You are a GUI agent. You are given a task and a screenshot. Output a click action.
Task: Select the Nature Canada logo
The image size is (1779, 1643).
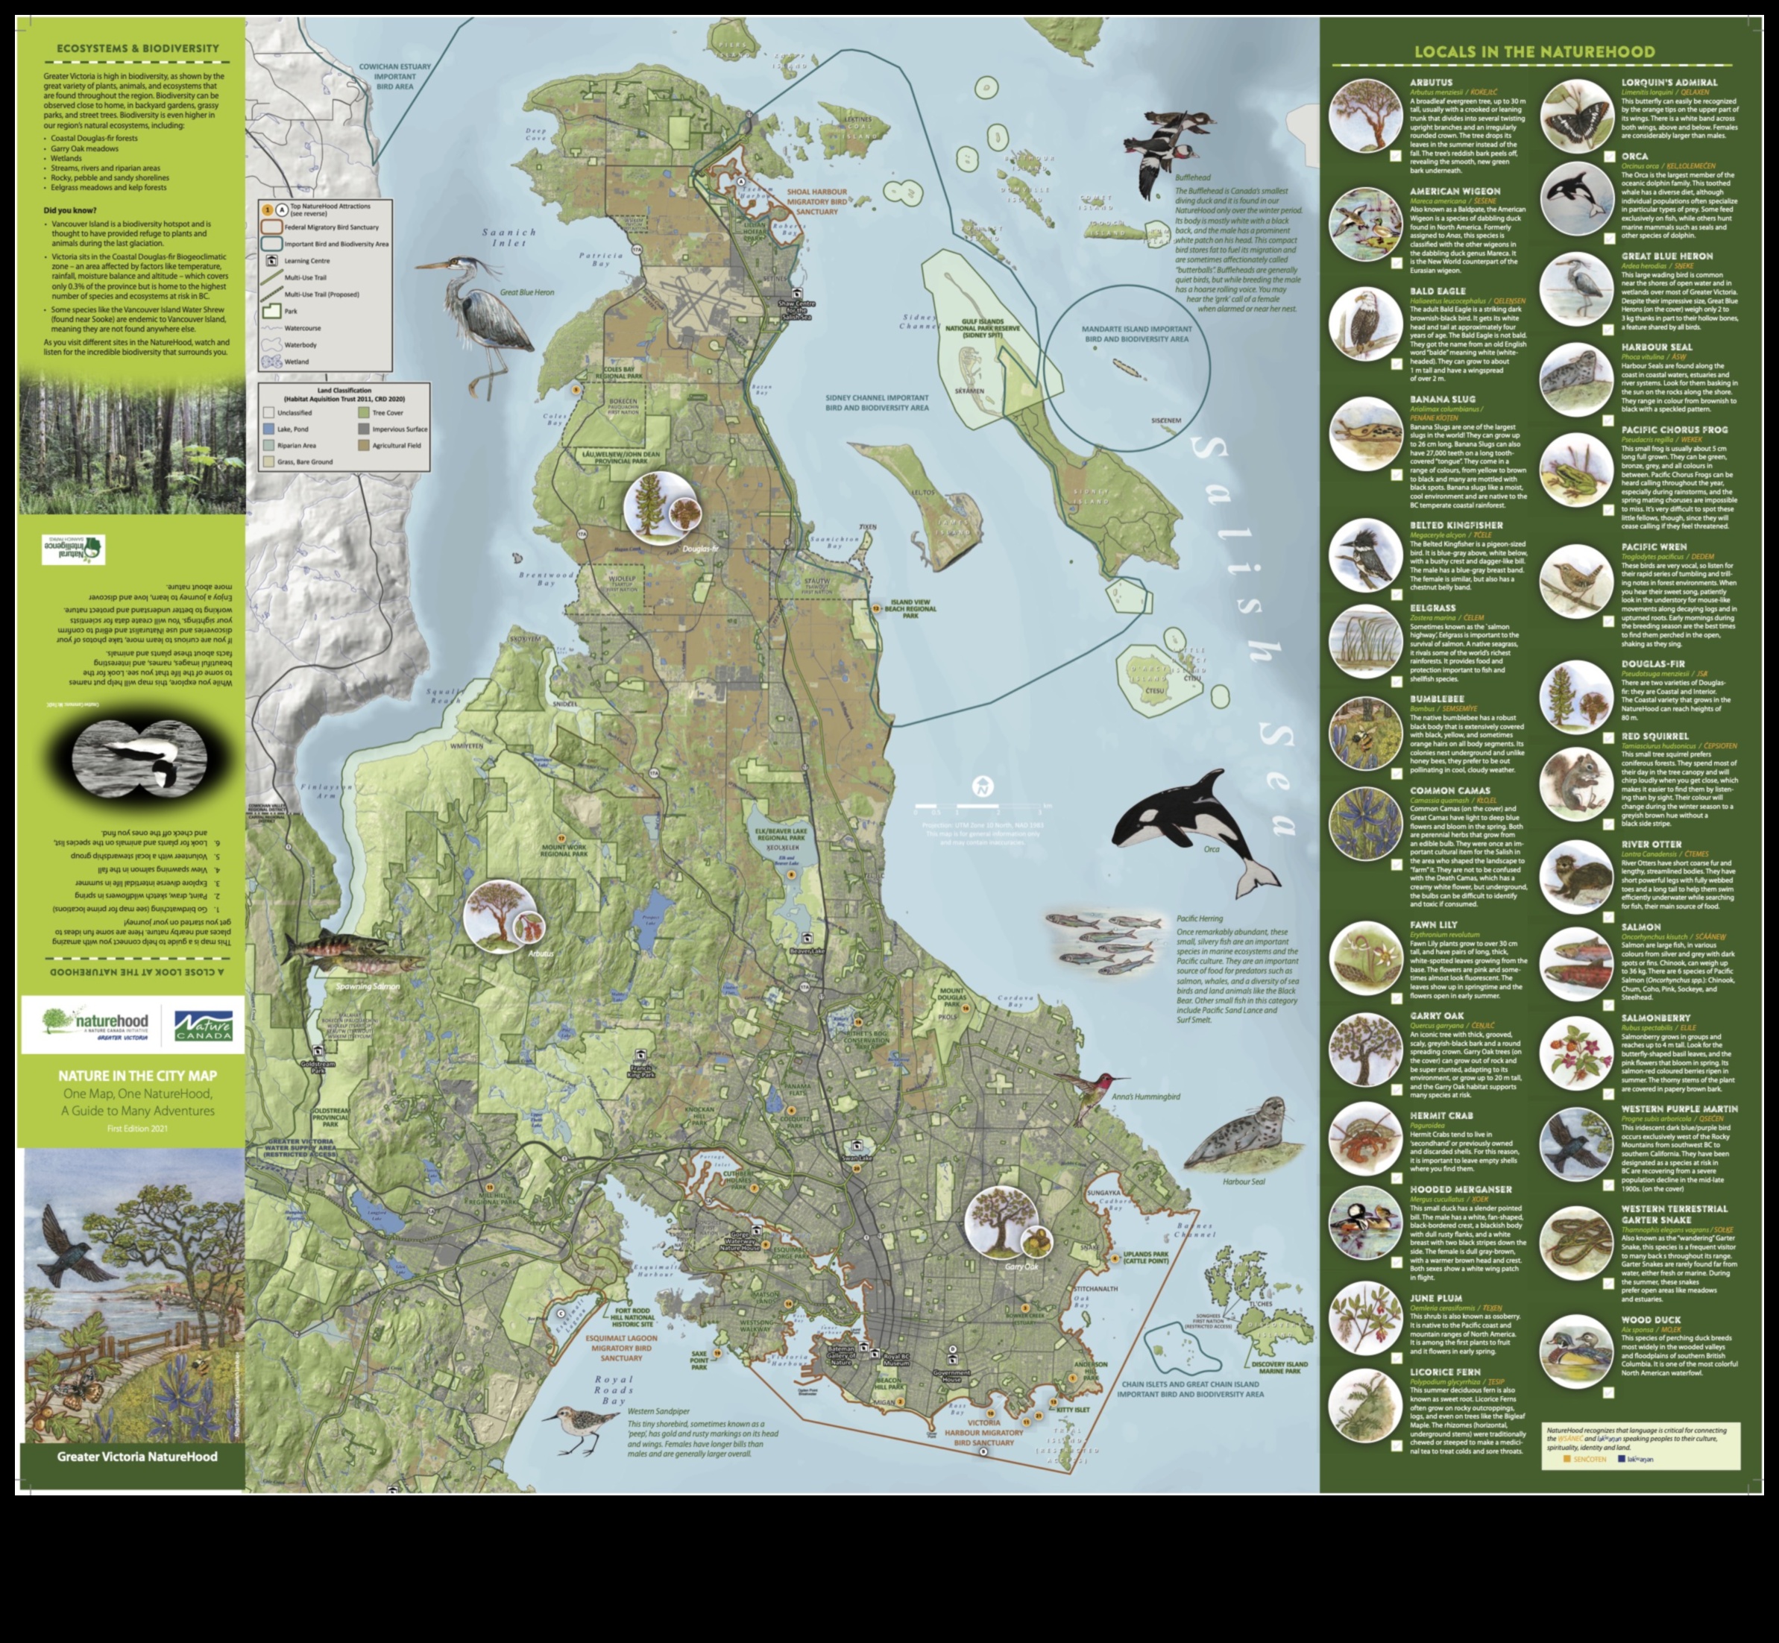(x=204, y=1025)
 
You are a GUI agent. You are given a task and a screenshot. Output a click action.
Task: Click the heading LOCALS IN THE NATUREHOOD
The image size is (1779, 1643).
(x=1534, y=51)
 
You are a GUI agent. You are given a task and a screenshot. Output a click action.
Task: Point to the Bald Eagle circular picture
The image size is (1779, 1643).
(x=1364, y=322)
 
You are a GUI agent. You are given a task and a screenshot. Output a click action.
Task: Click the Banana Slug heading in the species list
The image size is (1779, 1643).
(x=1442, y=399)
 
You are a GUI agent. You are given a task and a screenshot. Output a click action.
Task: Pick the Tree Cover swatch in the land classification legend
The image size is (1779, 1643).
(x=364, y=412)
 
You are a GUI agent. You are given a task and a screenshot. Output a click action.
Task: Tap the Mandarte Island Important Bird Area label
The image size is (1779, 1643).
(x=1136, y=333)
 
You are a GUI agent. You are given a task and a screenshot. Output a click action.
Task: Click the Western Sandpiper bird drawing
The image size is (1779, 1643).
(x=573, y=1427)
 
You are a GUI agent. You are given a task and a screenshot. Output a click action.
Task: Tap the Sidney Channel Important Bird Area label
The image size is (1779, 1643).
(x=877, y=403)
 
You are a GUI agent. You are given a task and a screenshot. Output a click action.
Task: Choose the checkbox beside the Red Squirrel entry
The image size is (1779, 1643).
(x=1608, y=824)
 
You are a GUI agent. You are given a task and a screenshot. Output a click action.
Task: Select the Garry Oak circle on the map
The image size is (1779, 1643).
(x=1001, y=1222)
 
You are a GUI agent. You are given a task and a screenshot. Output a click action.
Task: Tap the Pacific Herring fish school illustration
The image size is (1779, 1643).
(x=1105, y=943)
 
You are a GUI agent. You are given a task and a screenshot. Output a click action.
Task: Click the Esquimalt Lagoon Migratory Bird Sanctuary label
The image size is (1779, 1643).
(x=620, y=1347)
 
